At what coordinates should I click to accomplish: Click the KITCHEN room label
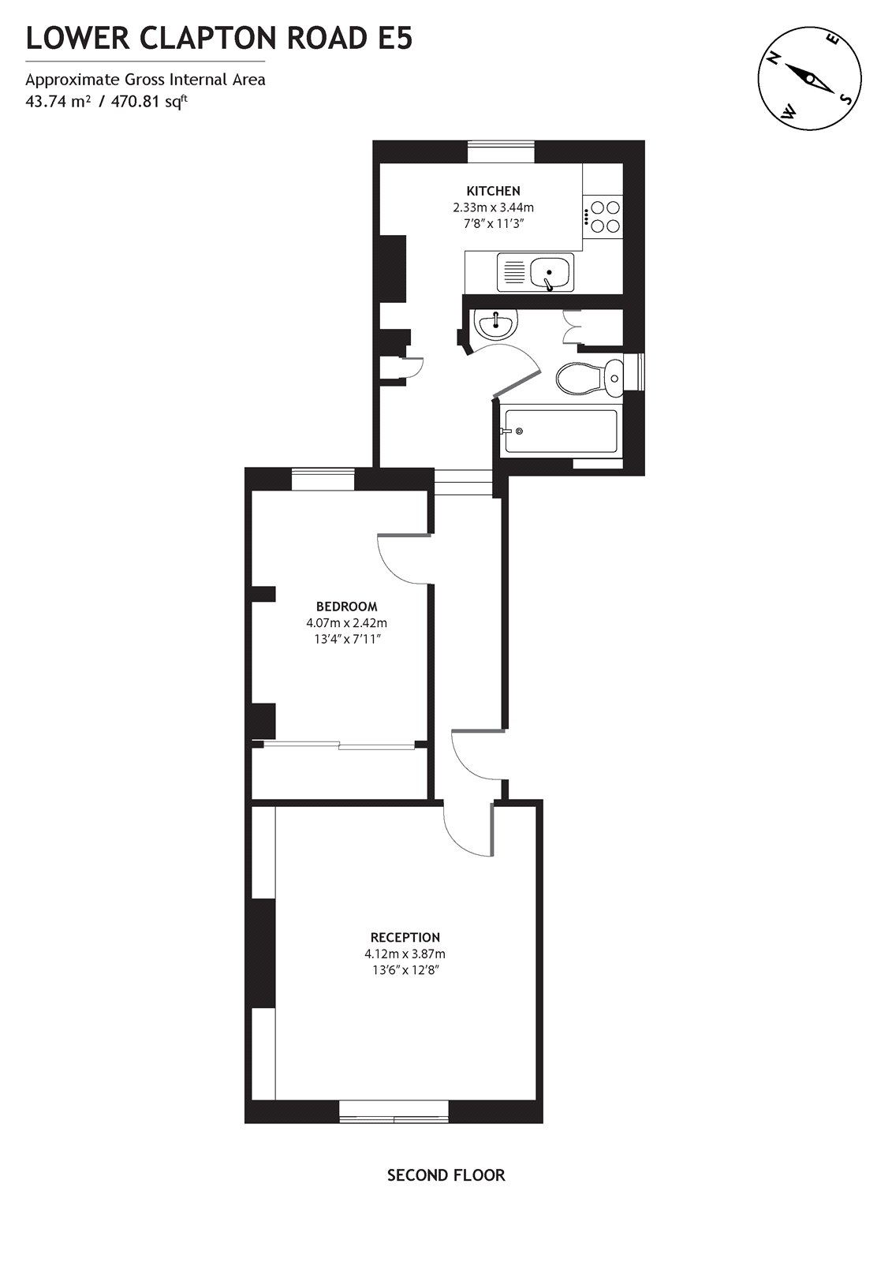[493, 191]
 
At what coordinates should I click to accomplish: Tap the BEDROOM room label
[346, 607]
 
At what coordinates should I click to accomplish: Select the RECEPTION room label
[405, 937]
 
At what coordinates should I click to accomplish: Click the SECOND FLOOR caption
[446, 1175]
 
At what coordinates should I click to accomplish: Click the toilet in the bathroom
[589, 377]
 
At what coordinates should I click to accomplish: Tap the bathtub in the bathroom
[560, 431]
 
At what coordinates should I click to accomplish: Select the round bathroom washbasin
[495, 322]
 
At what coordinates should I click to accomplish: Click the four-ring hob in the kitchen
[603, 217]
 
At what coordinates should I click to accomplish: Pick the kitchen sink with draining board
[535, 273]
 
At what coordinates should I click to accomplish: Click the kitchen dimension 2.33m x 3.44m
[493, 207]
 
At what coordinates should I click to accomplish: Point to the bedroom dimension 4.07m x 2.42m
[346, 623]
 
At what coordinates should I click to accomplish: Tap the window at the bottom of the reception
[394, 1118]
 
